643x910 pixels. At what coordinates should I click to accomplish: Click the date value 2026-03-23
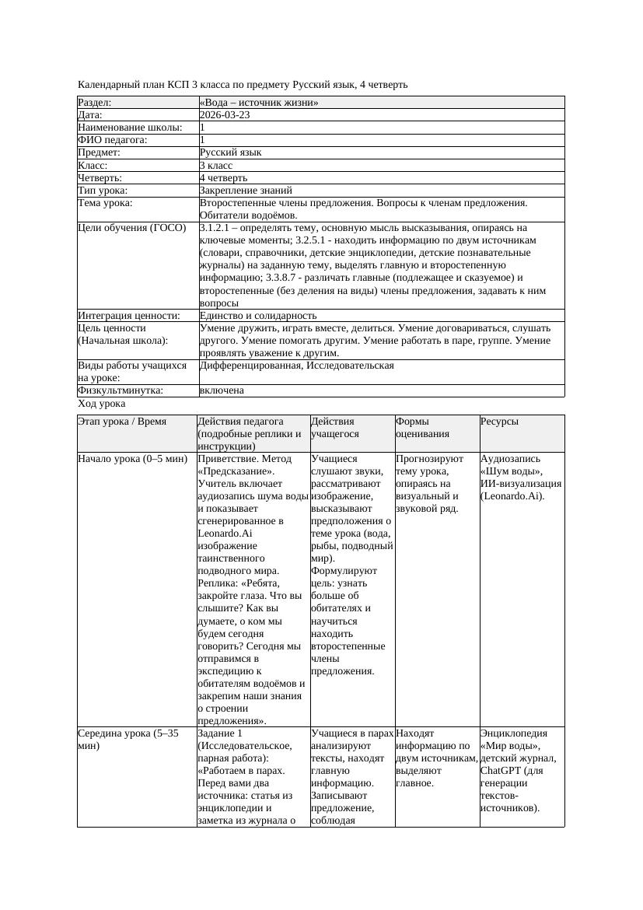click(225, 115)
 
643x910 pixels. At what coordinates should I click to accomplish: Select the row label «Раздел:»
click(95, 103)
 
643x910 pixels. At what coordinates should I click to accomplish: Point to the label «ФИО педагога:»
click(113, 140)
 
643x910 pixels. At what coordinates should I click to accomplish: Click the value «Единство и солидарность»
click(257, 315)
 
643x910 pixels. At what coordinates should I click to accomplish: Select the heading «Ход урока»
click(102, 404)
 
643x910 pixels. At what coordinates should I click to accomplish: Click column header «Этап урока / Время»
click(122, 422)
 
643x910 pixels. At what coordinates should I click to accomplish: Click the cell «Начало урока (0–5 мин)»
click(132, 459)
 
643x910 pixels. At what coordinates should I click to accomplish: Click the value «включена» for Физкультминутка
click(222, 390)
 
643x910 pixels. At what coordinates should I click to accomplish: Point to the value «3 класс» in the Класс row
click(216, 165)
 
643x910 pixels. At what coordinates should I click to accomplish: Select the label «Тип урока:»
click(103, 190)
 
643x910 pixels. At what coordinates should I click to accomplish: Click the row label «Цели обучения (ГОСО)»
click(132, 228)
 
